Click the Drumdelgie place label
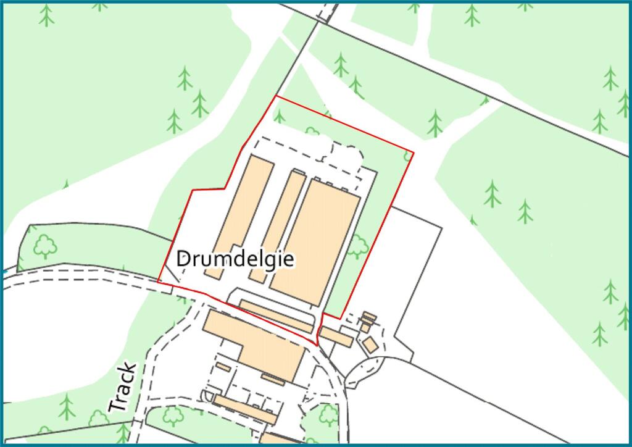coord(235,259)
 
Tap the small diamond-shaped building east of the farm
coord(370,344)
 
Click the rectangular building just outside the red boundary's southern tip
coord(336,336)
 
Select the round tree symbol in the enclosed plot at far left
coord(45,246)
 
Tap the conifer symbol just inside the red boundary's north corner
coord(280,116)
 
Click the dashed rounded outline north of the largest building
coord(343,157)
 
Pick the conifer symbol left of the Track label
coord(66,407)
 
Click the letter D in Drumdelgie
coord(183,259)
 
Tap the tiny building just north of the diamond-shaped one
coord(368,319)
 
